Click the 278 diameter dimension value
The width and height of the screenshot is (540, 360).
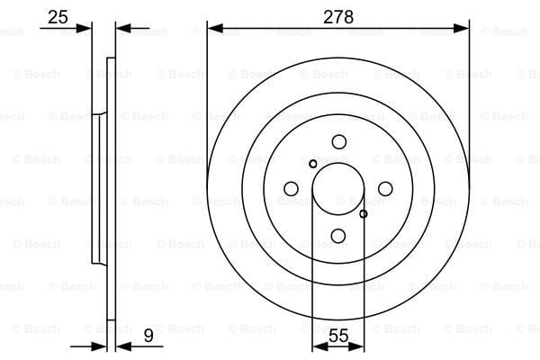coord(338,15)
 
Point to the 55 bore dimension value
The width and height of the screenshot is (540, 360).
coord(338,337)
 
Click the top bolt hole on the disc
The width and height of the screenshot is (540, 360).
coord(338,141)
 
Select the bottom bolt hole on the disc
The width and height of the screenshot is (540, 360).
coord(338,236)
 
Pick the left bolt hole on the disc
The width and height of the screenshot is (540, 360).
coord(291,188)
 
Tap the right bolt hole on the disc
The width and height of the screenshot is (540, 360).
coord(385,188)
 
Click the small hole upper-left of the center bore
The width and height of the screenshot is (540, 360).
coord(312,164)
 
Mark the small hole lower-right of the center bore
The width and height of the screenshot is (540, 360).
coord(364,213)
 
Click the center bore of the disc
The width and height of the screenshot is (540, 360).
coord(338,188)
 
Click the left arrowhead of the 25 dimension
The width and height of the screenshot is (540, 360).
coord(86,28)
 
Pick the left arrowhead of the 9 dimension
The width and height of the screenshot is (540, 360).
coord(101,346)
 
